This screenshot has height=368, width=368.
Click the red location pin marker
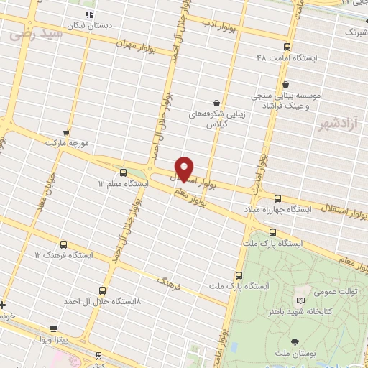point(185,168)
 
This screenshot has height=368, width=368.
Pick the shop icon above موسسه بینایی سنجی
point(286,83)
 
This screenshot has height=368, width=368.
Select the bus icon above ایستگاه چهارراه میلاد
point(278,197)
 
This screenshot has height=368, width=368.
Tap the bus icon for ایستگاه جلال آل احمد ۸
point(102,290)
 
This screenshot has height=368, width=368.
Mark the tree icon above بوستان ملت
point(295,341)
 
